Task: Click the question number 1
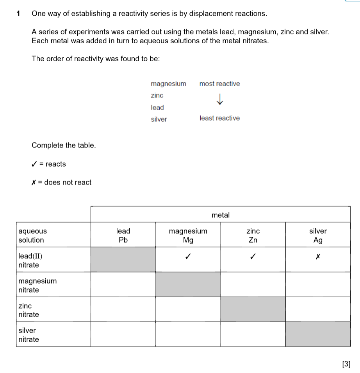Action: pos(18,14)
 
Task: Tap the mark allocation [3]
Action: pos(346,364)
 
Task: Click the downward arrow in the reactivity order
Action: pos(220,99)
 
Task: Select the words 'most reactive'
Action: pos(219,84)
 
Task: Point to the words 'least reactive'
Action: pos(219,118)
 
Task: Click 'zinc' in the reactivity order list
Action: pos(157,96)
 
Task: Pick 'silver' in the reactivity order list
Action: pos(159,119)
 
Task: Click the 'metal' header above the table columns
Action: pos(221,215)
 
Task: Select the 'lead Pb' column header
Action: pos(123,235)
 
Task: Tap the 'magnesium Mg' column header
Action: pos(188,235)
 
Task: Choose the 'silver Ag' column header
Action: pos(318,235)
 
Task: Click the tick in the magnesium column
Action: pos(188,257)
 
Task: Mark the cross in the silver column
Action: pos(318,257)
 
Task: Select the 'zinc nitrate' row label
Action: pos(29,310)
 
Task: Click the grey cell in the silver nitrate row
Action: pos(318,334)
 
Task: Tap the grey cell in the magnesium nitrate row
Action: pos(188,284)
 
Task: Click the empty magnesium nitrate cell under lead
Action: pos(123,284)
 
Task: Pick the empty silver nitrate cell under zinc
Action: pos(253,334)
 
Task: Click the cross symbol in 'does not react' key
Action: pos(34,183)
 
